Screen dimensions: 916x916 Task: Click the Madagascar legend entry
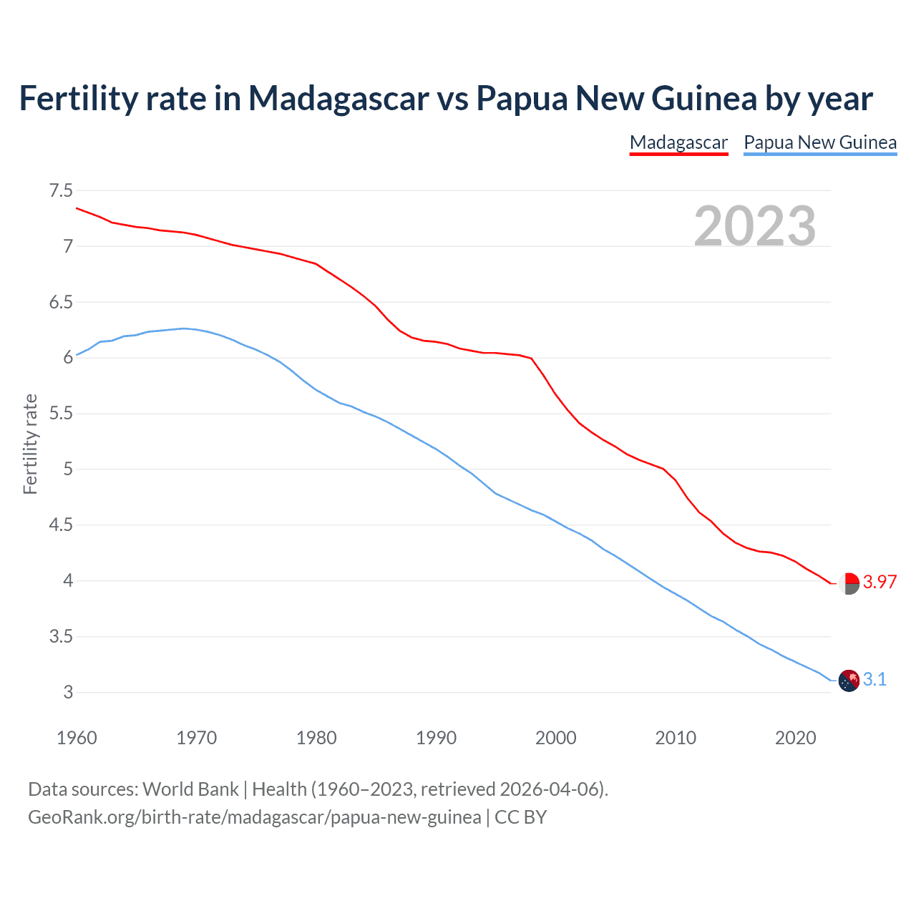(x=678, y=142)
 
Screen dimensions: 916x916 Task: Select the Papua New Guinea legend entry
(x=820, y=142)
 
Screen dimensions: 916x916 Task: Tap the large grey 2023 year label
(x=755, y=226)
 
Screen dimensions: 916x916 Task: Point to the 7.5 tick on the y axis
(x=61, y=190)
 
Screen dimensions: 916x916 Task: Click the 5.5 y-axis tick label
(x=61, y=414)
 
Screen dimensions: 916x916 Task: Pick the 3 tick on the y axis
(x=68, y=692)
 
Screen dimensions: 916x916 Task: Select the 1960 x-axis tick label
(x=77, y=738)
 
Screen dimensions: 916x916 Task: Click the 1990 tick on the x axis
(x=436, y=738)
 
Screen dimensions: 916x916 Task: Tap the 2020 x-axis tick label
(x=795, y=738)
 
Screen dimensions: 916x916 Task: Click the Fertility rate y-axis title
(x=30, y=444)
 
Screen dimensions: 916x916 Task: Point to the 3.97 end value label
(x=880, y=582)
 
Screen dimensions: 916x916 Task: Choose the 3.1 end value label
(x=874, y=679)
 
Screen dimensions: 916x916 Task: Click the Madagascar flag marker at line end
(x=848, y=584)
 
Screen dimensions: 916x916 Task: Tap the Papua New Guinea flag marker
(x=848, y=681)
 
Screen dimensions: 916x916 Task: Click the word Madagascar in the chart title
(x=338, y=98)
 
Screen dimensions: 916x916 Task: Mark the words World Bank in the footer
(x=190, y=789)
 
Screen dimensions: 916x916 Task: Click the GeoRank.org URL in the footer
(x=254, y=817)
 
